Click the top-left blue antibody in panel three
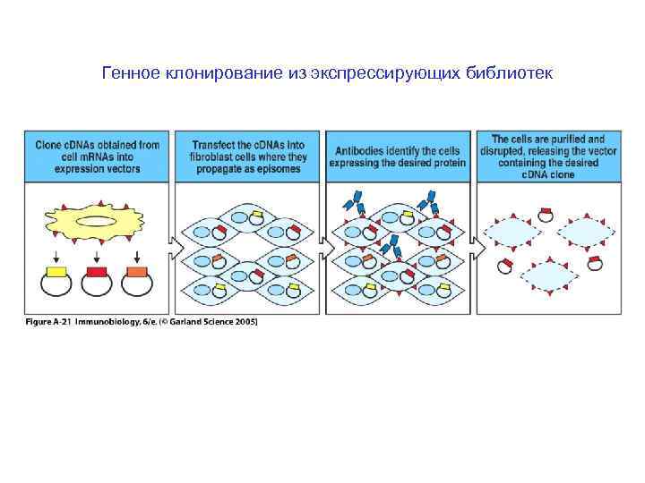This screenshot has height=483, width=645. pyautogui.click(x=357, y=199)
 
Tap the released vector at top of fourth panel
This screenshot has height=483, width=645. pyautogui.click(x=546, y=214)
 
